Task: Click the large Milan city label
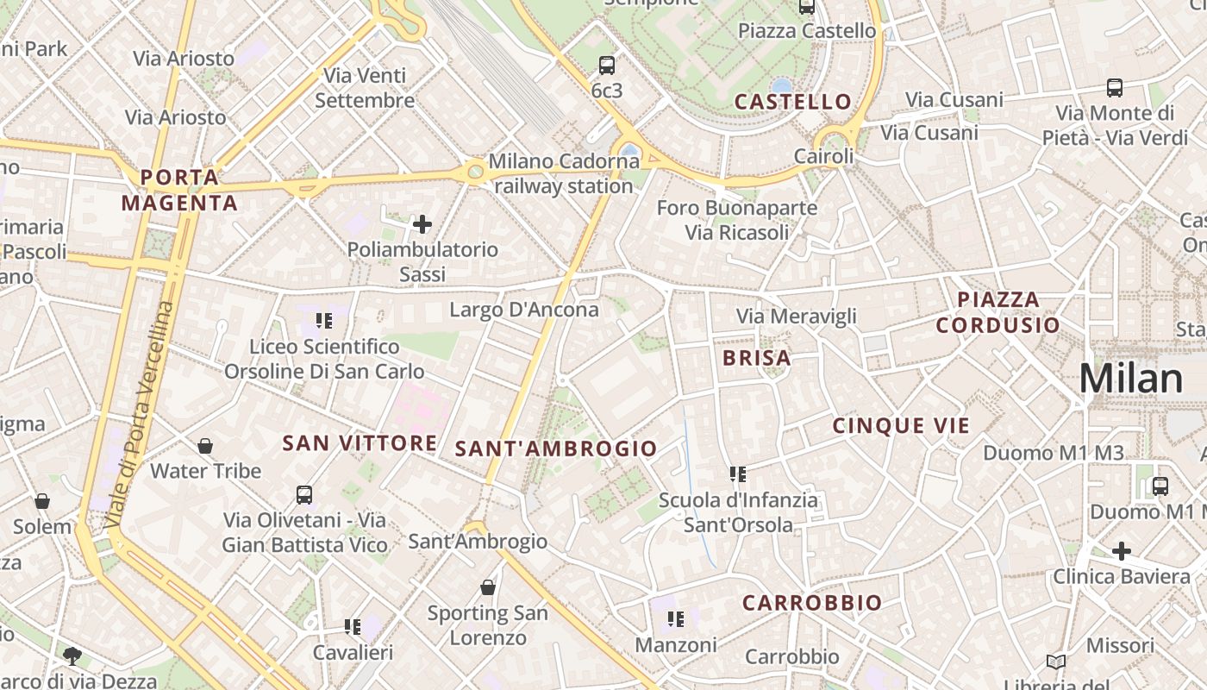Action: pyautogui.click(x=1131, y=379)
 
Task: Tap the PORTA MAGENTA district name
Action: pyautogui.click(x=179, y=191)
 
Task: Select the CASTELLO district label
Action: pyautogui.click(x=793, y=102)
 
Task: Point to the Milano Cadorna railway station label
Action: pyautogui.click(x=564, y=173)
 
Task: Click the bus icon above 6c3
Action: pyautogui.click(x=607, y=65)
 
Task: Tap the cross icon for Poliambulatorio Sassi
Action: pyautogui.click(x=422, y=225)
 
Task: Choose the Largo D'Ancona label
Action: pyautogui.click(x=524, y=310)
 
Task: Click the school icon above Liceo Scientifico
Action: pyautogui.click(x=324, y=321)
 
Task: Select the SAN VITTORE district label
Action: pyautogui.click(x=360, y=443)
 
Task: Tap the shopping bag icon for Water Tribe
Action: pyautogui.click(x=205, y=446)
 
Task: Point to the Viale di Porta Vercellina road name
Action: pyautogui.click(x=138, y=414)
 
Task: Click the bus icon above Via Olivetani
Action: pyautogui.click(x=304, y=495)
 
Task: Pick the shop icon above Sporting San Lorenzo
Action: pyautogui.click(x=488, y=587)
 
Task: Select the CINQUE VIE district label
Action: pyautogui.click(x=901, y=425)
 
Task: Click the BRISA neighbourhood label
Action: pyautogui.click(x=757, y=358)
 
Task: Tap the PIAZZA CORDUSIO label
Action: pyautogui.click(x=998, y=312)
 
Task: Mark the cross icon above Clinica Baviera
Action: pyautogui.click(x=1122, y=550)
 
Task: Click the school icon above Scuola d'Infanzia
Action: pyautogui.click(x=738, y=474)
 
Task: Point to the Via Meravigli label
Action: pyautogui.click(x=797, y=317)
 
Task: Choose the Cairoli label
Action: pyautogui.click(x=823, y=157)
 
